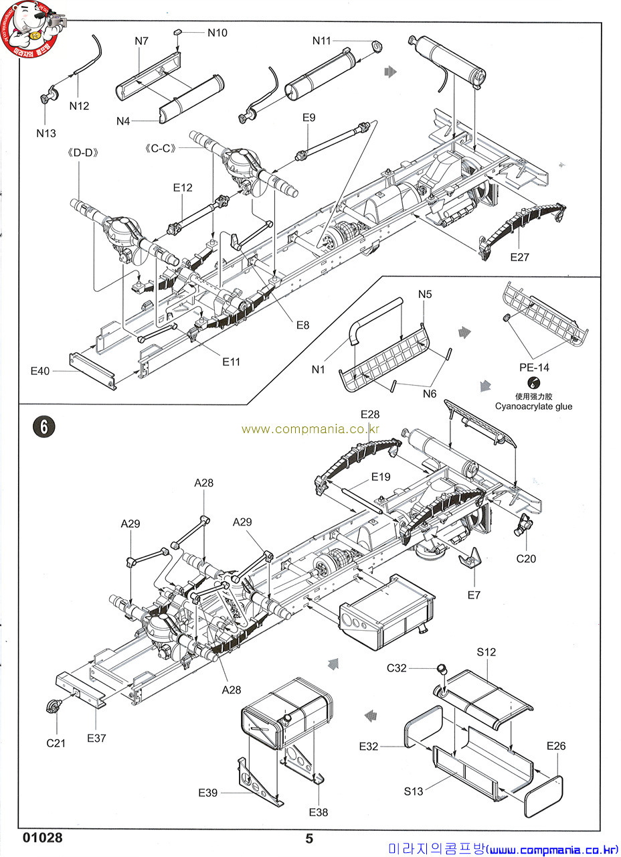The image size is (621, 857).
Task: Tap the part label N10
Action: tap(217, 32)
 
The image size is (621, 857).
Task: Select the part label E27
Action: tap(519, 257)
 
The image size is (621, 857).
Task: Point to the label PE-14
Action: tap(534, 367)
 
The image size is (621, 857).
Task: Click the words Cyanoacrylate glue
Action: tap(534, 406)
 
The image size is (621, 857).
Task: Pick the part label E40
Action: tap(40, 370)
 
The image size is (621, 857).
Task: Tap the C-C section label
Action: tap(158, 147)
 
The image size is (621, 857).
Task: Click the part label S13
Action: tap(414, 791)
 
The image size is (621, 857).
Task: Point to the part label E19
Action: tap(380, 477)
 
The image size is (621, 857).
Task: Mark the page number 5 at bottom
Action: tap(309, 838)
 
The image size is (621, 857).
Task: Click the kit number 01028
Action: tap(42, 838)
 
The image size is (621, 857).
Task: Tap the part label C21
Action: tap(56, 743)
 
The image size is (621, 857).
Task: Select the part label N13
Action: tap(46, 133)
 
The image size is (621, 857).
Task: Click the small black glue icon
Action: tap(533, 383)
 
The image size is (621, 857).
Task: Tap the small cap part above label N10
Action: tap(178, 31)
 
